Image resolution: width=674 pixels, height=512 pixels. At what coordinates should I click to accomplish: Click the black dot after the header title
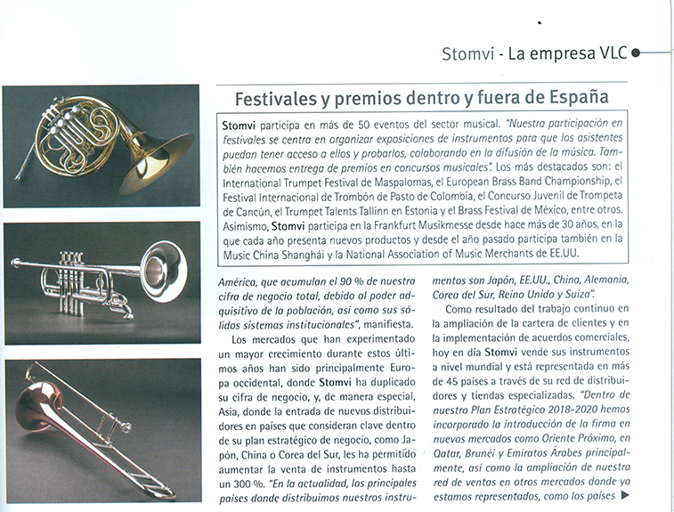[635, 53]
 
